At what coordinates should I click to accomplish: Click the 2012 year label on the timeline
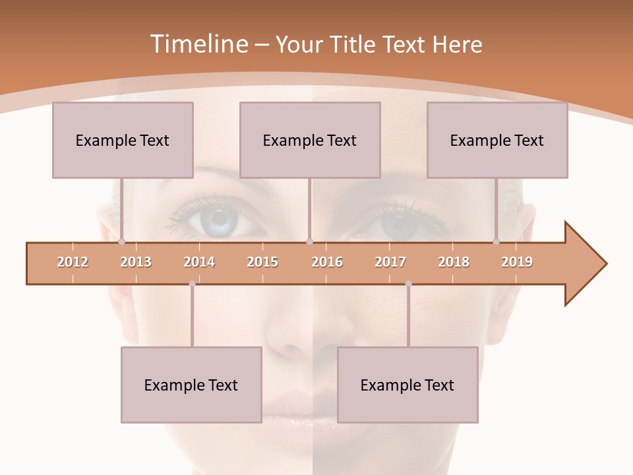pos(73,262)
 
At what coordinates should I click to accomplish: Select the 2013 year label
pos(136,262)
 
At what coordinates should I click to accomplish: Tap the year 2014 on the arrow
pos(199,262)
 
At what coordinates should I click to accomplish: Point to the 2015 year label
pos(262,262)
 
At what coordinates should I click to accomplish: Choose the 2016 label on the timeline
pos(327,262)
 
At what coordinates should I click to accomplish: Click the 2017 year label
pos(390,262)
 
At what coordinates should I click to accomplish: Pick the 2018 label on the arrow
pos(454,262)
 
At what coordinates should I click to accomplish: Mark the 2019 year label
pos(517,262)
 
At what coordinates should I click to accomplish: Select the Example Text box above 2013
pos(123,140)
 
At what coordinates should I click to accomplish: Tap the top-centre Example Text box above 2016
pos(310,140)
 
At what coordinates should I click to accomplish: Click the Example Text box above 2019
pos(497,140)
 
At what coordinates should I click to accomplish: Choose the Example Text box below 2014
pos(191,385)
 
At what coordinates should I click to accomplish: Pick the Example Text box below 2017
pos(407,385)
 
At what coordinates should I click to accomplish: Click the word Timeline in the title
pos(198,44)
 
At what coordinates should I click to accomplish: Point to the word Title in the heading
pos(356,44)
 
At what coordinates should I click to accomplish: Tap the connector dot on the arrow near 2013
pos(122,242)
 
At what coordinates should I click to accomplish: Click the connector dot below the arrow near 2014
pos(192,284)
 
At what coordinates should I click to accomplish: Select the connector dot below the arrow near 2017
pos(408,284)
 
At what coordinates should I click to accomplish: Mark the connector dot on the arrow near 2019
pos(497,242)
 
